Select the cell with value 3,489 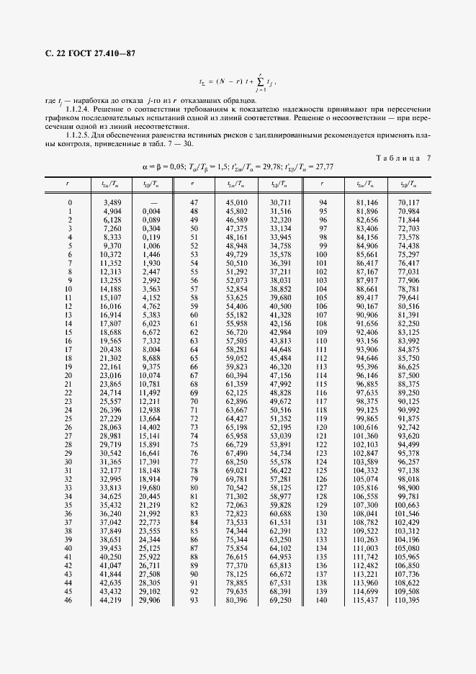pos(112,203)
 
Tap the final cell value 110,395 pos(408,600)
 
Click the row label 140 pos(321,600)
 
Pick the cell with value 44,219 pos(110,600)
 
